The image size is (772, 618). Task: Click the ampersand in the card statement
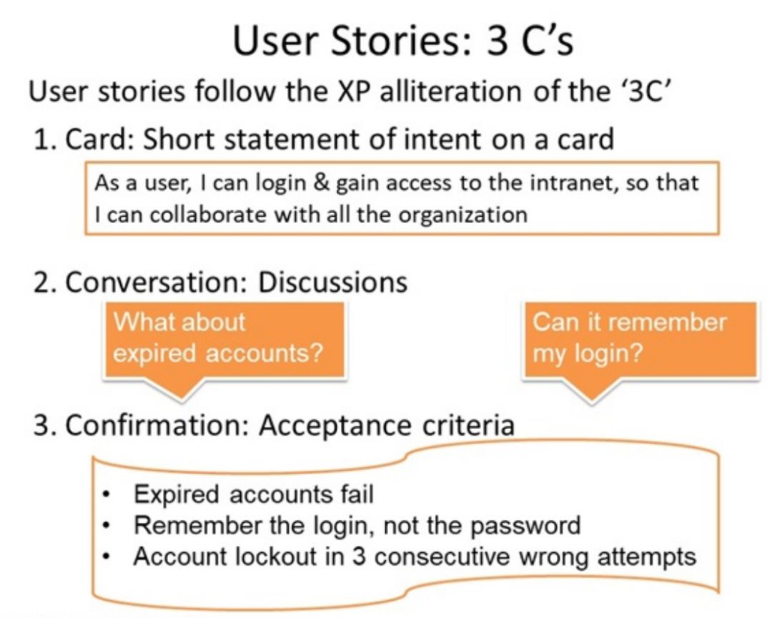coord(321,183)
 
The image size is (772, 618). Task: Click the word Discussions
coord(333,283)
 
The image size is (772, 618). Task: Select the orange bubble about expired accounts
coord(224,340)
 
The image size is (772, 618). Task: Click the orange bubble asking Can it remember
coord(640,340)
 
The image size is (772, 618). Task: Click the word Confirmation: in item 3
coord(156,426)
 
